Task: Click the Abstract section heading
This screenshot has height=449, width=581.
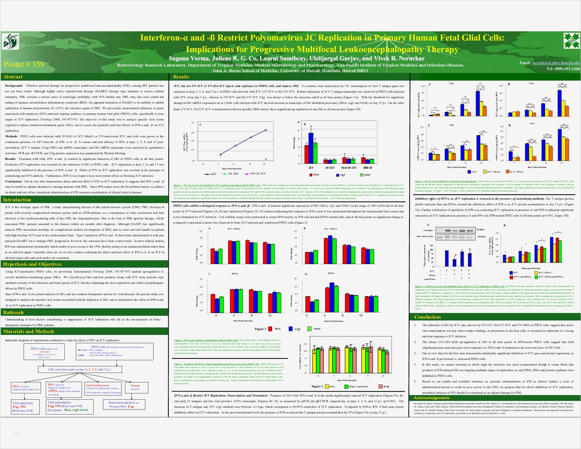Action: point(13,77)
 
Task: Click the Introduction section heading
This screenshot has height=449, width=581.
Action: point(17,200)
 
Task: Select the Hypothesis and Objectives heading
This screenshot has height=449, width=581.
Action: point(32,264)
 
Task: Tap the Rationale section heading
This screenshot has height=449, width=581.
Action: point(14,312)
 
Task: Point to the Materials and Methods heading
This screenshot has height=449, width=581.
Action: point(29,331)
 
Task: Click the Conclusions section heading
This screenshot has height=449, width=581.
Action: point(427,317)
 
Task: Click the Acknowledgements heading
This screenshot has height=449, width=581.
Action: point(431,398)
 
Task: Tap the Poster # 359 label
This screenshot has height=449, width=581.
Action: point(24,64)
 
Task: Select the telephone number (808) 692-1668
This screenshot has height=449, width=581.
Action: point(563,69)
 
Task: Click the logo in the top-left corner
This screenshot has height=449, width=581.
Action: point(11,42)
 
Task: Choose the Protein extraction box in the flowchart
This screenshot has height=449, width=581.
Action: point(135,387)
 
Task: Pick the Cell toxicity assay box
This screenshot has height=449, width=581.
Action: point(103,388)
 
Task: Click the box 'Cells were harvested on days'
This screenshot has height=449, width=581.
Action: point(80,369)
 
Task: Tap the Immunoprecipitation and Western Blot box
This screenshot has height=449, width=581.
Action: point(123,404)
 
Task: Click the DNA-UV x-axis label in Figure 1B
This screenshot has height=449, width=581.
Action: point(368,168)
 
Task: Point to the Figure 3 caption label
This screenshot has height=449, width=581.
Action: point(317,386)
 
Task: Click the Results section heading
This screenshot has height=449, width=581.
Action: point(181,77)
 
